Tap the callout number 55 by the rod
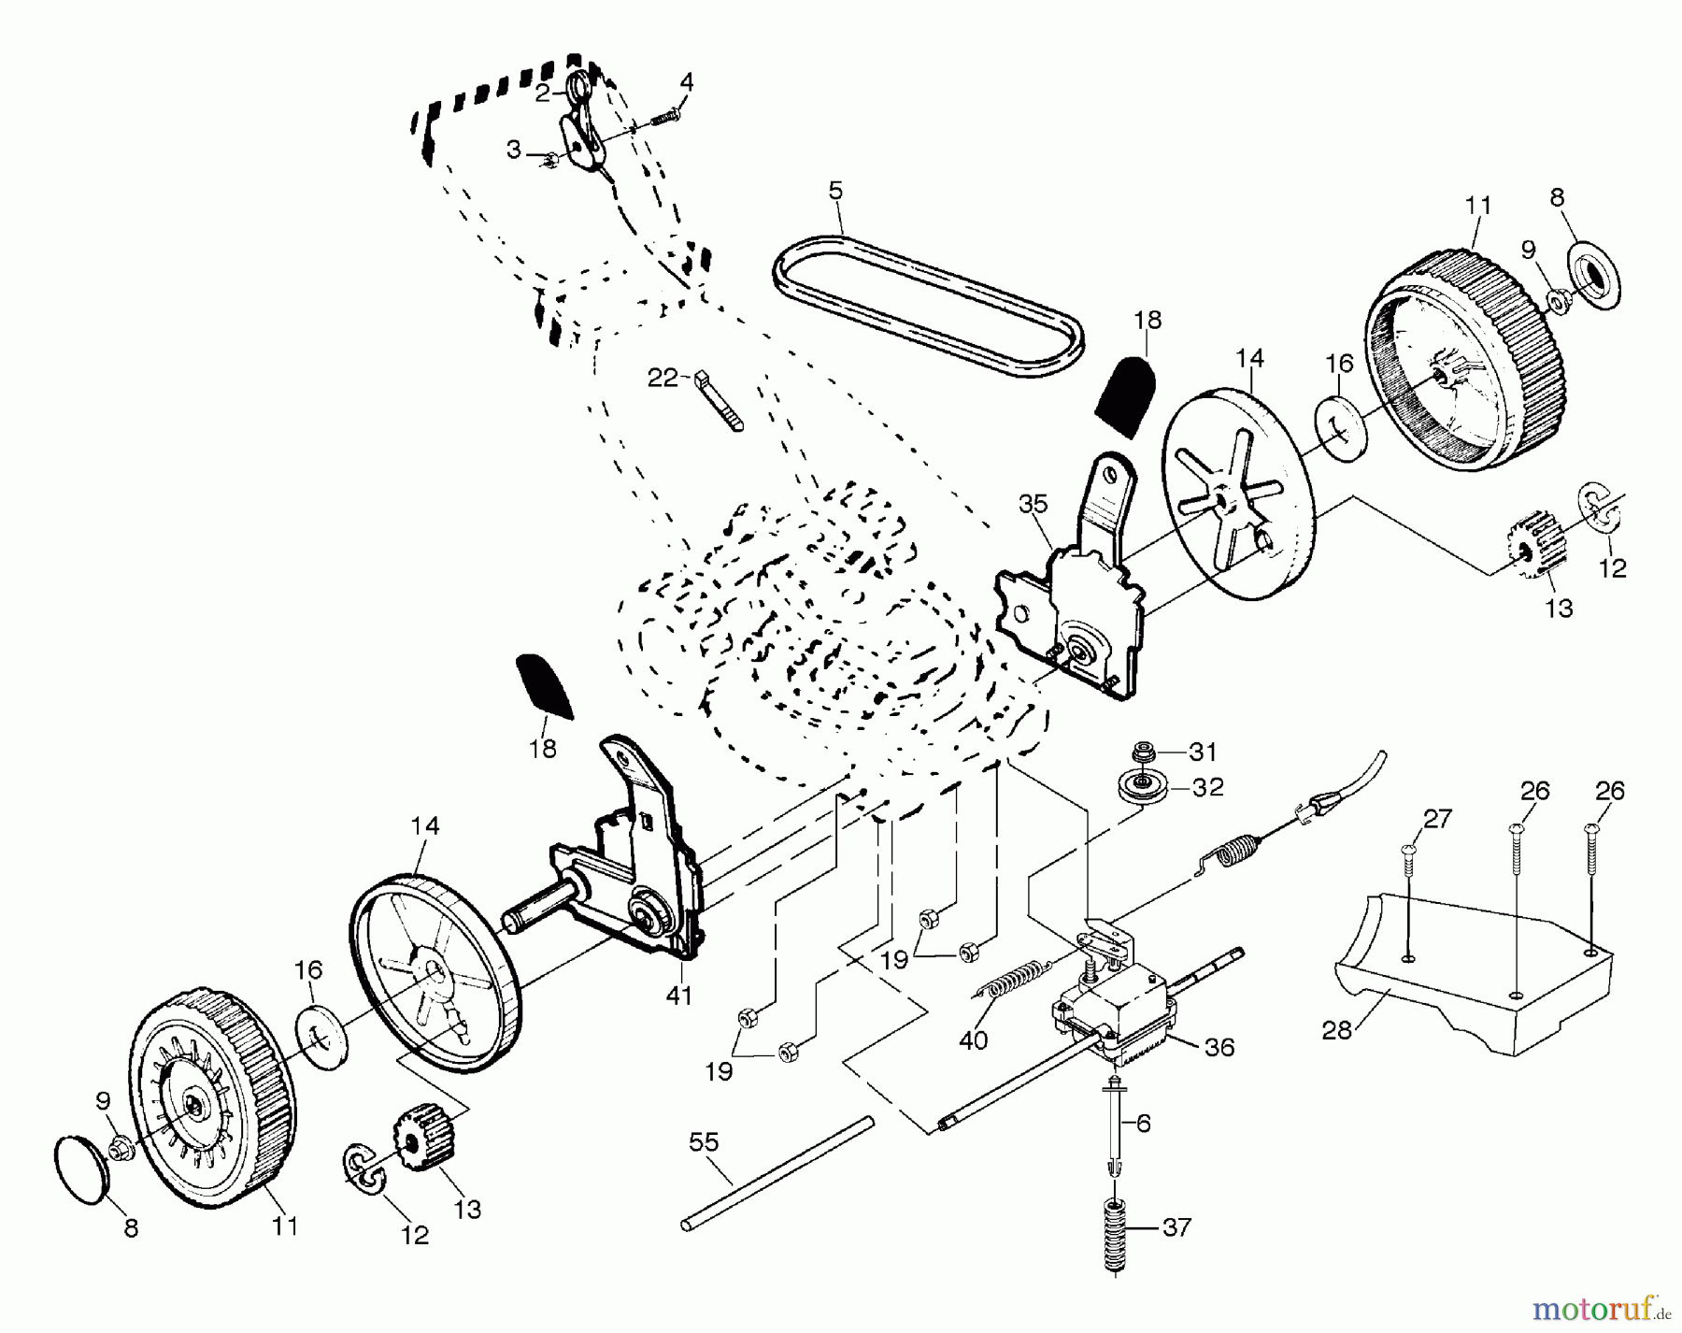[x=705, y=1141]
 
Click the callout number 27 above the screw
[x=1437, y=820]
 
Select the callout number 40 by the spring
[x=973, y=1040]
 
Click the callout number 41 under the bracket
[x=678, y=996]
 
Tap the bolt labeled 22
[x=720, y=401]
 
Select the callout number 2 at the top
[x=543, y=92]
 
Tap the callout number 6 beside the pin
[x=1144, y=1123]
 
